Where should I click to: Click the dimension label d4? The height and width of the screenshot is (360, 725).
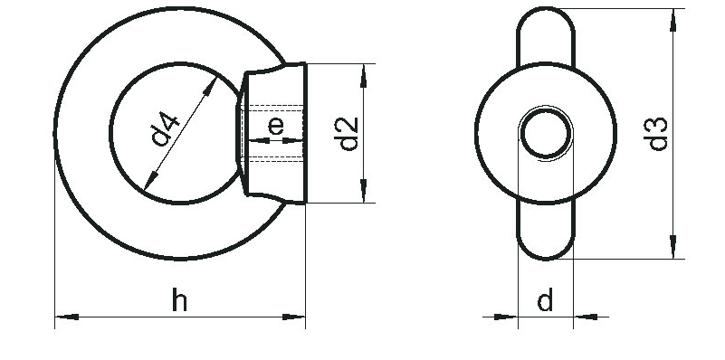point(165,128)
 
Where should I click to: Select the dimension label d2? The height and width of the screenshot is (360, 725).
point(347,134)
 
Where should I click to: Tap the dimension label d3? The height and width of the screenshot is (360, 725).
point(655,134)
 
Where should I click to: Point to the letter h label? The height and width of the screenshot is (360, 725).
point(179,299)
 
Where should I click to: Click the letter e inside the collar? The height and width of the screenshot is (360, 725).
point(276,126)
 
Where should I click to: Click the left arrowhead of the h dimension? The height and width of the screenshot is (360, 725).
point(67,317)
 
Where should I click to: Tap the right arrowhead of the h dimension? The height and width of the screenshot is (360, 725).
point(293,317)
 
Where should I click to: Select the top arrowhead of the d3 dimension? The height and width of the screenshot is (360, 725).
point(673,20)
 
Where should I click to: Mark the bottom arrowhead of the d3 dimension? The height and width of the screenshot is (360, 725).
point(673,247)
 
